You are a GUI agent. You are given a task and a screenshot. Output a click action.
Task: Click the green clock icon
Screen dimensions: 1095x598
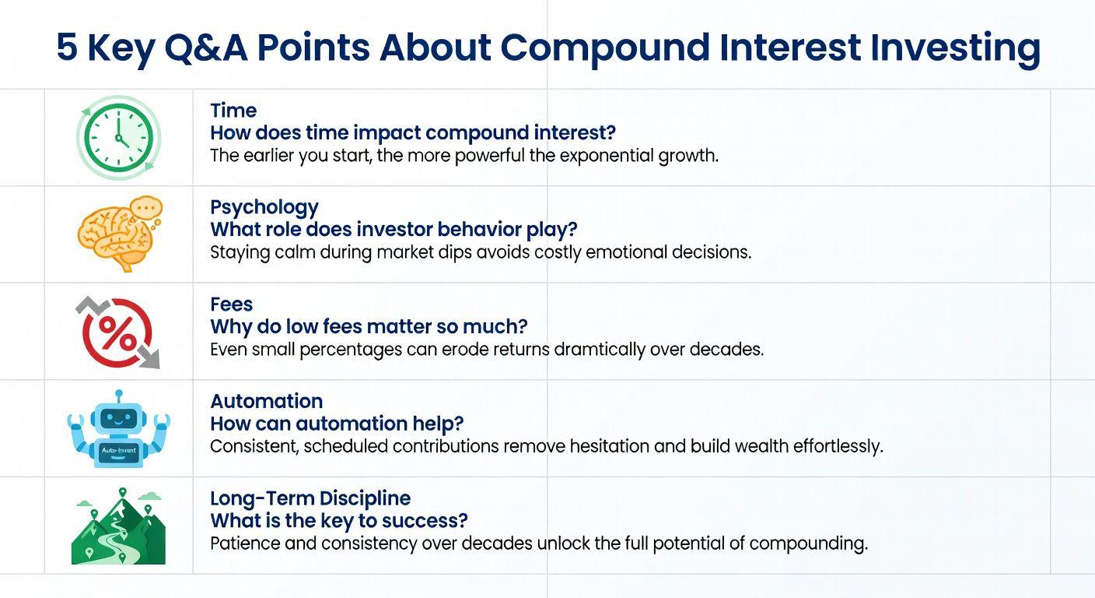[x=117, y=138]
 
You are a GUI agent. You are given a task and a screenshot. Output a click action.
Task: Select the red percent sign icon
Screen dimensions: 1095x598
[x=117, y=332]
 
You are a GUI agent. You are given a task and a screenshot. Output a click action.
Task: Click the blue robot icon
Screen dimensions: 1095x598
[x=119, y=429]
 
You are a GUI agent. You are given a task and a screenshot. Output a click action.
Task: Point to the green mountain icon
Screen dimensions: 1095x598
[x=118, y=526]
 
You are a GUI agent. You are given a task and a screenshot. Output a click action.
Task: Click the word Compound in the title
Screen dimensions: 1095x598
[x=605, y=48]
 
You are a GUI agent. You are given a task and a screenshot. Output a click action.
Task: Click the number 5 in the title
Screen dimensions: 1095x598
[x=67, y=47]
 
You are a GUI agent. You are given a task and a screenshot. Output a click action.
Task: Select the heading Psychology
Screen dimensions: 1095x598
[x=264, y=207]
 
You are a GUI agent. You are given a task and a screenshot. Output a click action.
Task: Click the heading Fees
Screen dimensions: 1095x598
[x=231, y=304]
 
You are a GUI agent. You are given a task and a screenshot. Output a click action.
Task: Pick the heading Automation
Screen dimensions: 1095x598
[x=267, y=401]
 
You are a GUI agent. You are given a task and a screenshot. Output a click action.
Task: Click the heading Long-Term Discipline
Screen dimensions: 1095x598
[x=310, y=498]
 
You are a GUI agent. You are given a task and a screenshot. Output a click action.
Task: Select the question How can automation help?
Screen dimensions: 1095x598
[x=337, y=424]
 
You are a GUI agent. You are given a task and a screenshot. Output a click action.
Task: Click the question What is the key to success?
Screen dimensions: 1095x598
[x=339, y=521]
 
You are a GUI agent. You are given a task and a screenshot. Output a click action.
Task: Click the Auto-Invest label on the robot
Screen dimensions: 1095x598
[x=118, y=450]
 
